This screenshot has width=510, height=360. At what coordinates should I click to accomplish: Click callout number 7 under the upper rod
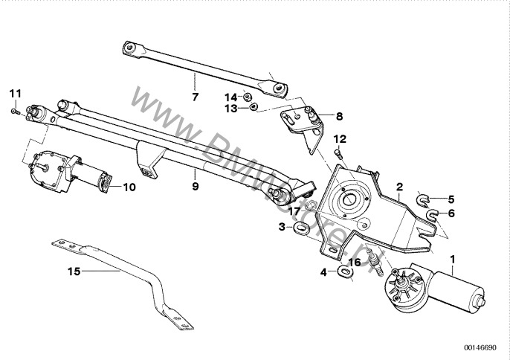coord(195,97)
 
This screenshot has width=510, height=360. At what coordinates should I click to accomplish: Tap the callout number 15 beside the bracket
coord(73,271)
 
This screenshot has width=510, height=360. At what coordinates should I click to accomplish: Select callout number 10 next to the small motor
coord(129,187)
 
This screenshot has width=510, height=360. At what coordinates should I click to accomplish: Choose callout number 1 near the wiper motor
coord(453,258)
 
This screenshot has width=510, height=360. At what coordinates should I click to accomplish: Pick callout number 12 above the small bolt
coord(340,139)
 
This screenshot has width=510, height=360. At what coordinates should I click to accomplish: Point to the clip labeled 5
coord(423,199)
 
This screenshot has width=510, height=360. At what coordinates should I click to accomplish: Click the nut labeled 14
coord(249,97)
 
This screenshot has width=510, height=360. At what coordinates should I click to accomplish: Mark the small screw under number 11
coord(16,111)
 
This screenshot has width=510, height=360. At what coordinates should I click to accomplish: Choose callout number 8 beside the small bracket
coord(339,116)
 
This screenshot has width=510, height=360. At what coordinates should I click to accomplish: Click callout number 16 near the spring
coord(355,262)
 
